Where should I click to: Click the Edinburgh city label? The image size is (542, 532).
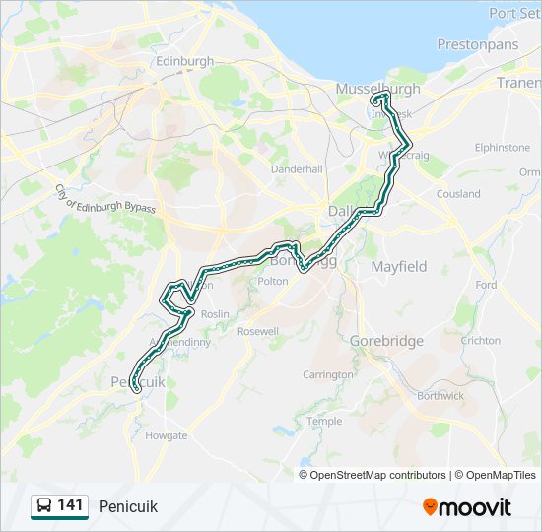(184, 61)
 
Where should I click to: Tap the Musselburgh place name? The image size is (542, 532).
(378, 89)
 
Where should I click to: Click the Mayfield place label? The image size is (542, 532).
(399, 266)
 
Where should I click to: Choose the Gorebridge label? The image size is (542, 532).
(386, 341)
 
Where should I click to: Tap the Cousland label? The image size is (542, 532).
(458, 194)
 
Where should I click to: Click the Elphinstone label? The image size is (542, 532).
(502, 148)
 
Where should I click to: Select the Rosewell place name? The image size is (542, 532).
(258, 332)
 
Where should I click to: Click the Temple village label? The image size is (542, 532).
(324, 421)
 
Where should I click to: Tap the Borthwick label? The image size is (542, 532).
(440, 396)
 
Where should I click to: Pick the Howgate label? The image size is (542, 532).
(166, 435)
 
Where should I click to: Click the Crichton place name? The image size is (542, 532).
(481, 341)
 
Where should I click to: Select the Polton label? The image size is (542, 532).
(272, 281)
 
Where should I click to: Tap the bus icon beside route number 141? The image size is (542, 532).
(43, 506)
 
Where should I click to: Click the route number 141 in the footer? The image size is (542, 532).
(70, 505)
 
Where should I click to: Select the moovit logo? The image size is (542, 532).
(467, 507)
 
